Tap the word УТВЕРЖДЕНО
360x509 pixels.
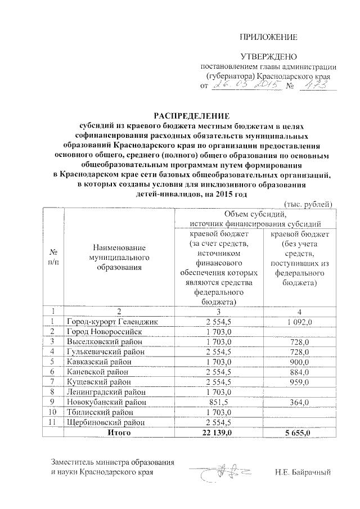tap(268, 57)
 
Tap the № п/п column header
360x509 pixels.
tap(53, 258)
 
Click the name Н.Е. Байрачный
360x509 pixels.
tap(303, 471)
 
